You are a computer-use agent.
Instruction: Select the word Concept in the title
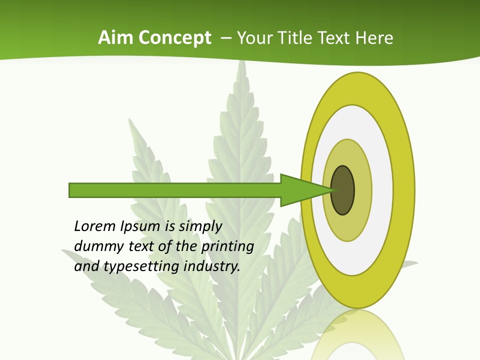[175, 38]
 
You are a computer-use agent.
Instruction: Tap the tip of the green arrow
[333, 190]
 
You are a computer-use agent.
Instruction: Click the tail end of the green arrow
[70, 190]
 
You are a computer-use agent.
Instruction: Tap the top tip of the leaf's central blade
[242, 62]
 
